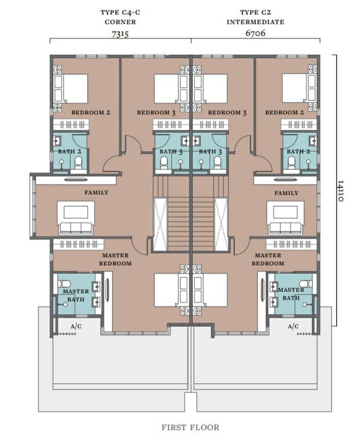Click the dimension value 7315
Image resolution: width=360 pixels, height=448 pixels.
tap(120, 34)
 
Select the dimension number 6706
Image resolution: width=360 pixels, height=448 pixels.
tap(256, 33)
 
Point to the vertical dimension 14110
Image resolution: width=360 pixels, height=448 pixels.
tap(340, 191)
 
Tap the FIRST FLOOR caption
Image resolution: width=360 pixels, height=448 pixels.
tap(191, 427)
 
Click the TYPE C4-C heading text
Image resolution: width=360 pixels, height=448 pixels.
tap(120, 13)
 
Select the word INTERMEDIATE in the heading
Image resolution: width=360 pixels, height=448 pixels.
tap(256, 22)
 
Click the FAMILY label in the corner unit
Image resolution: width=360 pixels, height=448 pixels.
tap(96, 193)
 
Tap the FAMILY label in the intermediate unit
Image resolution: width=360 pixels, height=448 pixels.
tap(286, 193)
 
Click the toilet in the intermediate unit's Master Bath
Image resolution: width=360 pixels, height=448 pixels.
tap(306, 284)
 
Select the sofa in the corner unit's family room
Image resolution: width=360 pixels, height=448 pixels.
tap(76, 228)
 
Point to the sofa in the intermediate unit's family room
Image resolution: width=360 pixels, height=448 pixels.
tap(285, 229)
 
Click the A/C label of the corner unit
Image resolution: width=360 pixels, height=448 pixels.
tap(76, 326)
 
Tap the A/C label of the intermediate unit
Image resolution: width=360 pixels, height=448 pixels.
tap(293, 326)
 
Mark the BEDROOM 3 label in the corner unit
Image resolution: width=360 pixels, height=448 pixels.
tap(156, 113)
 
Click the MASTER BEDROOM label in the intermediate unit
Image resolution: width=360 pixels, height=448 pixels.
tap(268, 259)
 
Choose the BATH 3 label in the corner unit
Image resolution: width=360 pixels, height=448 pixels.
tap(171, 152)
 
